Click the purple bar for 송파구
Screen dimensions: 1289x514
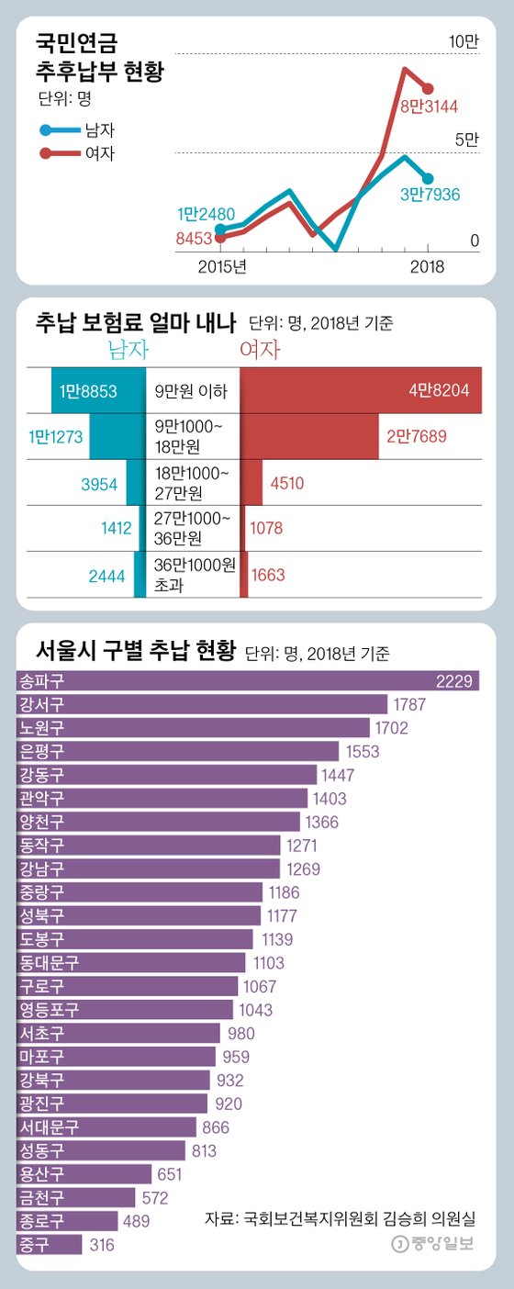coord(248,680)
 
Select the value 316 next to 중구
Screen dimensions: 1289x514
coord(101,1245)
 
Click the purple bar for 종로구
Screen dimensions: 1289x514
coord(67,1221)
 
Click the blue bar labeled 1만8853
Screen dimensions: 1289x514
coord(98,390)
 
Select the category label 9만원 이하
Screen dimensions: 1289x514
coord(192,390)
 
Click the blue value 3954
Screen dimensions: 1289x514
coord(98,484)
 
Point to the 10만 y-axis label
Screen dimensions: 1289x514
coord(464,41)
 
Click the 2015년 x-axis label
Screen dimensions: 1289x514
coord(223,267)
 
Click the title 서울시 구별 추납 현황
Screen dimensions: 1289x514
coord(135,653)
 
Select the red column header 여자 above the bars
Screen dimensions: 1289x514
coord(260,350)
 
